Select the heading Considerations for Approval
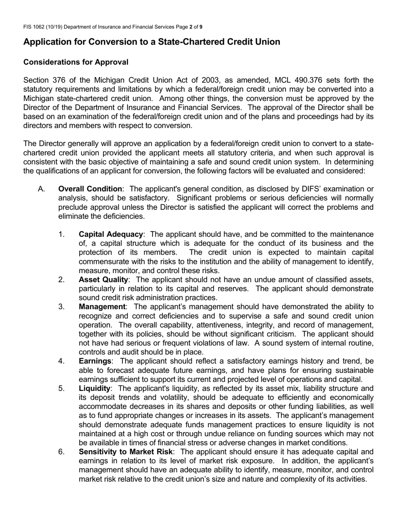pos(76,62)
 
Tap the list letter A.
pos(41,189)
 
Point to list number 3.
pos(61,307)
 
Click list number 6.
pos(61,452)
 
